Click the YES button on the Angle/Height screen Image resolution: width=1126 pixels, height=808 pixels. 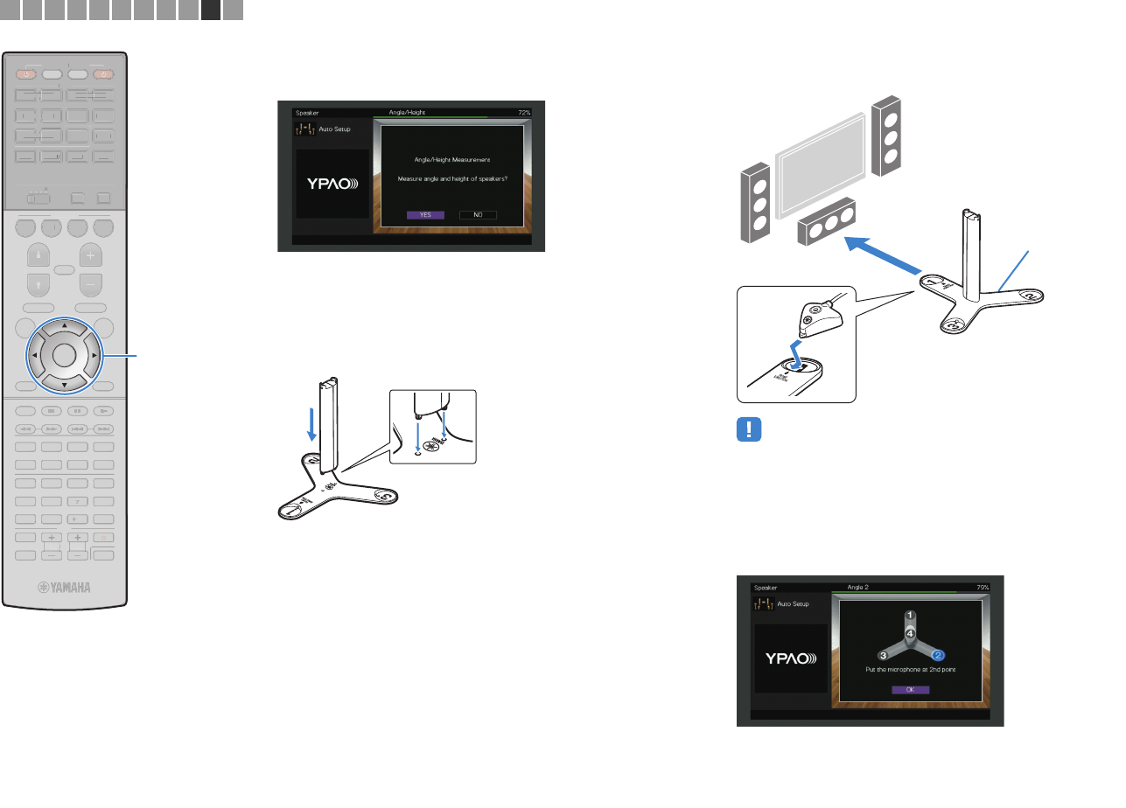425,214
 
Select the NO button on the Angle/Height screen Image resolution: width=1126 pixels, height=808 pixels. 478,214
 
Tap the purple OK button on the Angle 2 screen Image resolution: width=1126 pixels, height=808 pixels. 910,689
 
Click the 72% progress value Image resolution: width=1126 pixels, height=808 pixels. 524,113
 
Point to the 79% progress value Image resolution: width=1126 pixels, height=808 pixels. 983,588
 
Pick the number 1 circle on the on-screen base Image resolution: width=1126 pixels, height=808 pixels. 910,615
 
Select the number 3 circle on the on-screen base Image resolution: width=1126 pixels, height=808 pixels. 884,654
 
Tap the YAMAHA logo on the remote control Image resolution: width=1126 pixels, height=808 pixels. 64,588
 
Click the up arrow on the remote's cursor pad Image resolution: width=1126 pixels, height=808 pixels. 65,325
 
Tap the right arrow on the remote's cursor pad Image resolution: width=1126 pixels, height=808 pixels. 93,356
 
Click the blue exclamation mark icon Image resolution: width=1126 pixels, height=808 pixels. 751,430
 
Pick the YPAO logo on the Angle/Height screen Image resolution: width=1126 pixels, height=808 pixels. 331,184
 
